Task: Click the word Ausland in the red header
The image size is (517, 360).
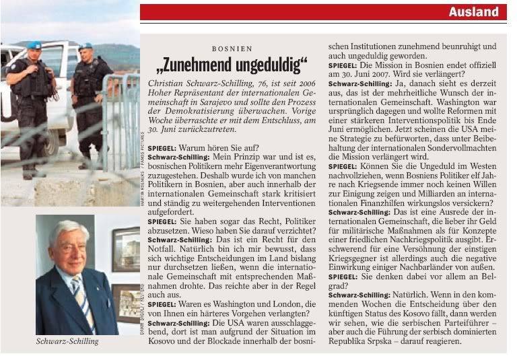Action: tap(474, 11)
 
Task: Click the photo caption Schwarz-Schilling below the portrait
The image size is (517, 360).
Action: tap(67, 341)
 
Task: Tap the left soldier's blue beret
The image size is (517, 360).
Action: tap(33, 45)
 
